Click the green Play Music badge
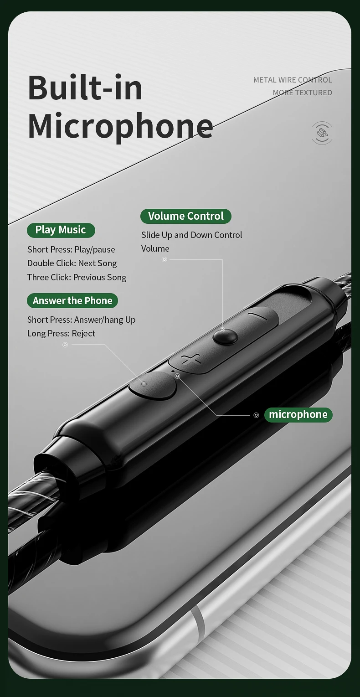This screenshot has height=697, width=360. point(61,230)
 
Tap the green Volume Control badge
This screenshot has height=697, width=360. point(186,216)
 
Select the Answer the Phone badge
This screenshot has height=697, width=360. point(72,300)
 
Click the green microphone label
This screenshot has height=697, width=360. point(298,414)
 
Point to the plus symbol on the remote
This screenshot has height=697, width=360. point(191,360)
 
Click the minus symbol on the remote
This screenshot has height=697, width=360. point(258,316)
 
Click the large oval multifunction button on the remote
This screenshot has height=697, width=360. point(153,385)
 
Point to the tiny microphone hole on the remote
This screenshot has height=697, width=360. point(173,371)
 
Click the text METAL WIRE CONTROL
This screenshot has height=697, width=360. point(293,80)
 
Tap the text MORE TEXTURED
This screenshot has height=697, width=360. point(303,93)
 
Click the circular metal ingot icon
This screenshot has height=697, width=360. point(322,133)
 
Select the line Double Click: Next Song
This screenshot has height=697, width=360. point(72,263)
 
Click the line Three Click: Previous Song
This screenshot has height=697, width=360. point(77,277)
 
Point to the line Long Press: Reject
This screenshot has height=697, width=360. point(62,334)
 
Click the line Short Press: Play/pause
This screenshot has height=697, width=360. point(71,249)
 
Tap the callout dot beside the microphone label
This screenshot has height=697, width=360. point(257,415)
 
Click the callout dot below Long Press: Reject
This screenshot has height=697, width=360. point(65,345)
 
